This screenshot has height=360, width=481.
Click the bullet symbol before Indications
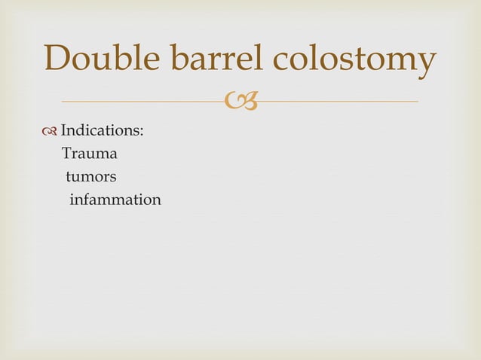pos(51,131)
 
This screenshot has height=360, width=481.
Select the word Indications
pos(101,131)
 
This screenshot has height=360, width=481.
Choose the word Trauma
pos(89,154)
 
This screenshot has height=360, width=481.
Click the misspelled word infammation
pos(115,200)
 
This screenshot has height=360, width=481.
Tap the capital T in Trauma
pos(66,154)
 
